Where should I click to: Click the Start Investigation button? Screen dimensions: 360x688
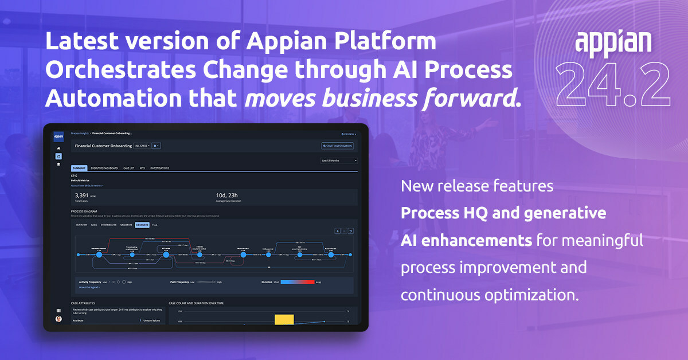(338, 146)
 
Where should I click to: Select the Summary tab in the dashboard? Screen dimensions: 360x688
(79, 168)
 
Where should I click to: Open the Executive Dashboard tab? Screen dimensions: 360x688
(104, 168)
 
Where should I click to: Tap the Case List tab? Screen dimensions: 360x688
(128, 168)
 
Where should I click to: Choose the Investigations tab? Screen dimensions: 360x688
(159, 168)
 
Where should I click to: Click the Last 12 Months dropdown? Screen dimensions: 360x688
(339, 161)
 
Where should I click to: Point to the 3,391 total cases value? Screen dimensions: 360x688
(81, 195)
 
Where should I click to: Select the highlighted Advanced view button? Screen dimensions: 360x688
(142, 225)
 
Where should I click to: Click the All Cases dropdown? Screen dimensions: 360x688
(142, 146)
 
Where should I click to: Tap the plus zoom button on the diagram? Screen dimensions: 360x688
(337, 231)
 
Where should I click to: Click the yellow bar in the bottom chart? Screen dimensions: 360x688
(284, 319)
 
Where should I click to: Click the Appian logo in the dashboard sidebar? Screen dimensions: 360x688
(58, 137)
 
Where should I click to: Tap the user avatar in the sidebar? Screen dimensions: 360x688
(58, 319)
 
